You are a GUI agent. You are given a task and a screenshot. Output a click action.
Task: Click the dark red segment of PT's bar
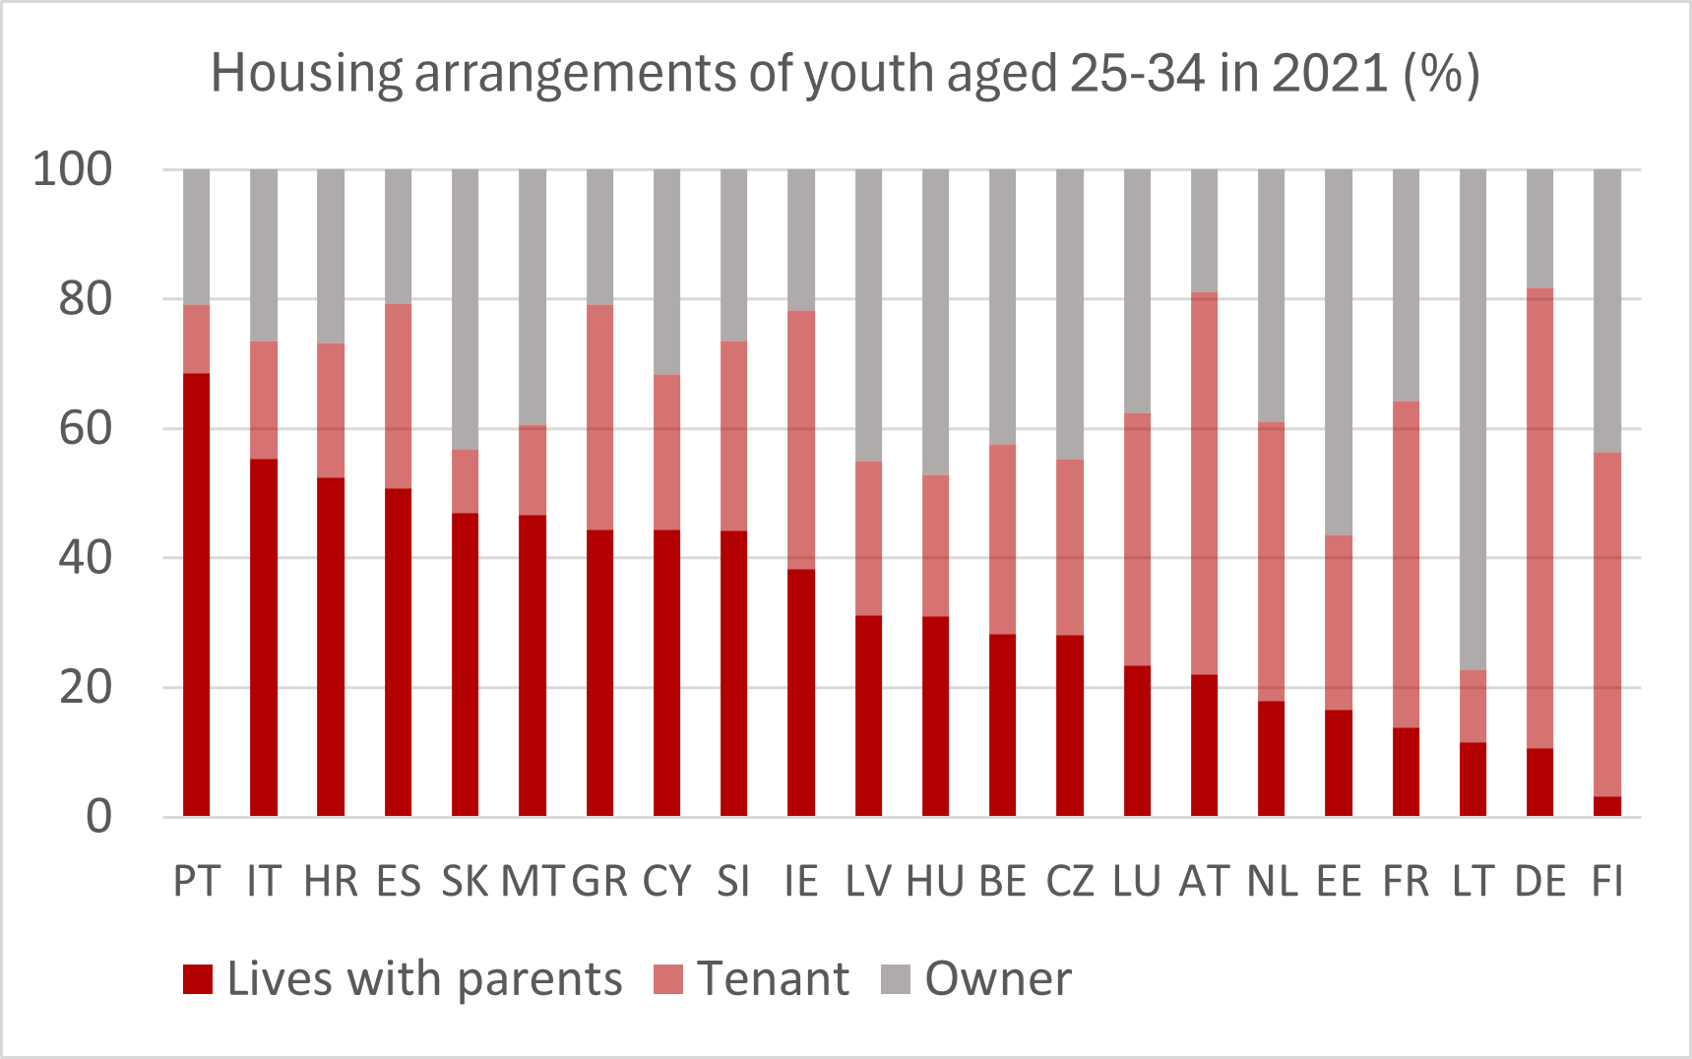pyautogui.click(x=197, y=594)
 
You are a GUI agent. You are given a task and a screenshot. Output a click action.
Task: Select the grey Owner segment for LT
pyautogui.click(x=1473, y=419)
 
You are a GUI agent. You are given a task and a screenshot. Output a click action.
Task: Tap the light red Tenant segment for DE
pyautogui.click(x=1539, y=518)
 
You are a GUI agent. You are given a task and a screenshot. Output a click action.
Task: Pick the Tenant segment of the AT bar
pyautogui.click(x=1204, y=482)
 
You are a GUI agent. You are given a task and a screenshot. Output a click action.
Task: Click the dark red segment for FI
pyautogui.click(x=1606, y=806)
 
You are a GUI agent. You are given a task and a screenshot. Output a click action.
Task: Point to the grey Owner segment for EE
pyautogui.click(x=1339, y=351)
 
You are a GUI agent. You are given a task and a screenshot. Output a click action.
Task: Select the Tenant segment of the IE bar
pyautogui.click(x=801, y=439)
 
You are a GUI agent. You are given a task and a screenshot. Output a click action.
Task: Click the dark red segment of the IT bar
pyautogui.click(x=264, y=637)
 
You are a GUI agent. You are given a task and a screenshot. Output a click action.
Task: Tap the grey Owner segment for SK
pyautogui.click(x=465, y=309)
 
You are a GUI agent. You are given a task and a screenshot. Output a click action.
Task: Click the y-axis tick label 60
pyautogui.click(x=86, y=429)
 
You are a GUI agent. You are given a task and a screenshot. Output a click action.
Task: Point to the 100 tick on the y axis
pyautogui.click(x=73, y=169)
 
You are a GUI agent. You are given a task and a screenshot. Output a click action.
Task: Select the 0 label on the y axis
pyautogui.click(x=98, y=817)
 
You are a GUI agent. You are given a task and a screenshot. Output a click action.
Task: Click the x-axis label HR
pyautogui.click(x=331, y=881)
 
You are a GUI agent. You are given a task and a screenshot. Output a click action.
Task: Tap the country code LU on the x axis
pyautogui.click(x=1137, y=881)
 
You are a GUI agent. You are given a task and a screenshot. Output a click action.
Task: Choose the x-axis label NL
pyautogui.click(x=1272, y=881)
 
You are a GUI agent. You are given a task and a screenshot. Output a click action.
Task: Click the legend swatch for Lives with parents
pyautogui.click(x=198, y=979)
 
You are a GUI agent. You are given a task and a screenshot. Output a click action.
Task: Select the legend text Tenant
pyautogui.click(x=773, y=979)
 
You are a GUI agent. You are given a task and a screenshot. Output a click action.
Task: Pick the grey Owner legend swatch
pyautogui.click(x=896, y=979)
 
